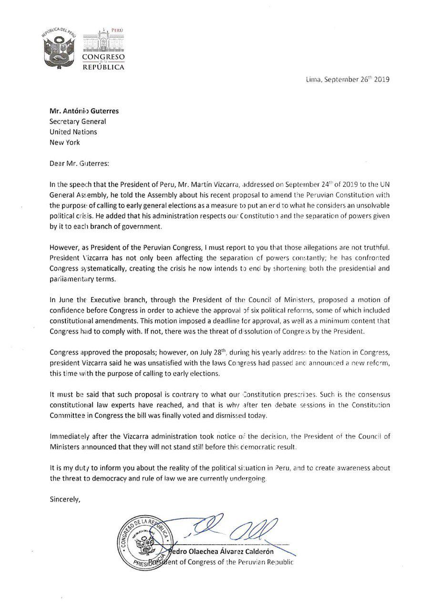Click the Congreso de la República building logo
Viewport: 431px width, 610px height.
pyautogui.click(x=103, y=50)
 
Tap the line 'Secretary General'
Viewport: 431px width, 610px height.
pyautogui.click(x=78, y=121)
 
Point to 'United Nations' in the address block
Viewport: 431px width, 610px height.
pyautogui.click(x=73, y=132)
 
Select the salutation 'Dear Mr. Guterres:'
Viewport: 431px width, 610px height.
pyautogui.click(x=79, y=163)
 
